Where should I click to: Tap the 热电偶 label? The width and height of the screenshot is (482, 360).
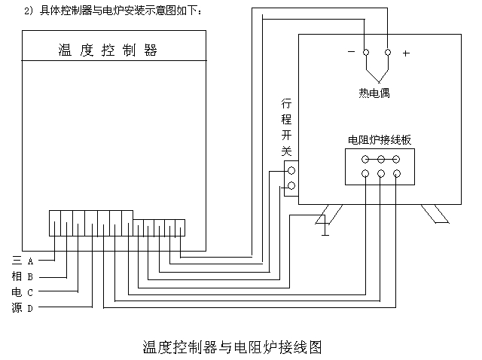coord(374,94)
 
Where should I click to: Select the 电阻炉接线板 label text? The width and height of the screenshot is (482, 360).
coord(379,140)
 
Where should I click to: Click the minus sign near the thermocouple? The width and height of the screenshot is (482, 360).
coord(351,53)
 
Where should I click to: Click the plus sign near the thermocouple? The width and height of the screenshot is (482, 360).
coord(406,53)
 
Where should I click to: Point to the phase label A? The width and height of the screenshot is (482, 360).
coord(30,261)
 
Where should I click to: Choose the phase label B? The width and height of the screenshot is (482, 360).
coord(30,276)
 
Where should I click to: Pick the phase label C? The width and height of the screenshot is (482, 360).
coord(30,292)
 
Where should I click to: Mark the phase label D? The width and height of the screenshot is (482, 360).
coord(30,308)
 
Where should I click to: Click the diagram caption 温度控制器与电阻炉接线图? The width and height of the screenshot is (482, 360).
coord(232,347)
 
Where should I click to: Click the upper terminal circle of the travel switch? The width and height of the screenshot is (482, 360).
coord(291,170)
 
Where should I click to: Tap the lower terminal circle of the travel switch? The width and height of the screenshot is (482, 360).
coord(291,185)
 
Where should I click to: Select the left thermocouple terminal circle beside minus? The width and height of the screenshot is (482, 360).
coord(365,53)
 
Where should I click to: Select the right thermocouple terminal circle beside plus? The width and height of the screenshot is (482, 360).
coord(388,53)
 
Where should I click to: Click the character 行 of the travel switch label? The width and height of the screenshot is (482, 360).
coord(286,103)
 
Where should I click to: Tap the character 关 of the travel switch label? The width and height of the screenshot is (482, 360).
coord(286,151)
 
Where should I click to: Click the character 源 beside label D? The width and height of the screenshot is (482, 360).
coord(17,308)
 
